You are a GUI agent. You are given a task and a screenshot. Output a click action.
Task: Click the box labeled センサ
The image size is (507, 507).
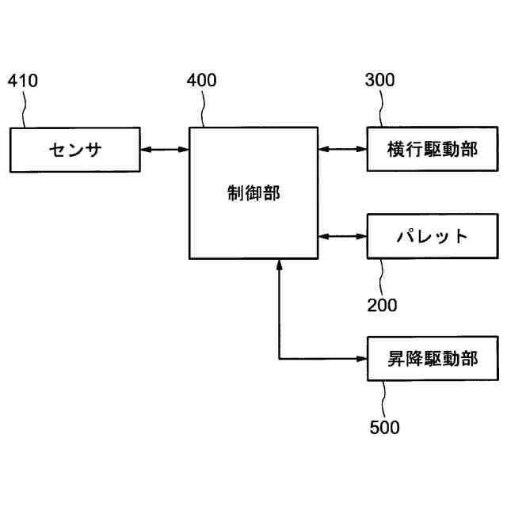pos(75,149)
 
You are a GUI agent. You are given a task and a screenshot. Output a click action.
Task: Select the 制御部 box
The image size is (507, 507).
pos(253,193)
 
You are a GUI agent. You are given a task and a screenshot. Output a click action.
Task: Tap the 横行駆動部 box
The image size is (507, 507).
pos(433,149)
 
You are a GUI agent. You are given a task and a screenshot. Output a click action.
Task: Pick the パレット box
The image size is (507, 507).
pos(433,236)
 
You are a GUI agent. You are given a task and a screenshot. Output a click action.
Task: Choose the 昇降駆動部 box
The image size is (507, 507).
pos(433,359)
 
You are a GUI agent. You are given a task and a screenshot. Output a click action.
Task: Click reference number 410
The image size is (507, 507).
pos(22,81)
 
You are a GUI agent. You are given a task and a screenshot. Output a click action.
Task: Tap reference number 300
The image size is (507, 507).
pos(380,81)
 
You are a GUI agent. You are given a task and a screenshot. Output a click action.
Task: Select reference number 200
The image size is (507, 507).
pos(382,305)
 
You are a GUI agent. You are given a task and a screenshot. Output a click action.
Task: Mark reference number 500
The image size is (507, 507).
pos(384,428)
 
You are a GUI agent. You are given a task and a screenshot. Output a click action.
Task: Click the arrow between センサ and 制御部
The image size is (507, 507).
pos(165,149)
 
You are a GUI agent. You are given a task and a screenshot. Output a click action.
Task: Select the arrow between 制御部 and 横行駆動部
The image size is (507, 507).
pos(342,149)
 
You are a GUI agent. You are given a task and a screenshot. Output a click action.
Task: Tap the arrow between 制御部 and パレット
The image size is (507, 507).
pos(342,236)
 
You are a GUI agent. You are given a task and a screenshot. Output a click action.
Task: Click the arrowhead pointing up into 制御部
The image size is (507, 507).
pos(280,266)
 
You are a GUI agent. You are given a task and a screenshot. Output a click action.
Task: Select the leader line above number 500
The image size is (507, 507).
pos(385,398)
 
